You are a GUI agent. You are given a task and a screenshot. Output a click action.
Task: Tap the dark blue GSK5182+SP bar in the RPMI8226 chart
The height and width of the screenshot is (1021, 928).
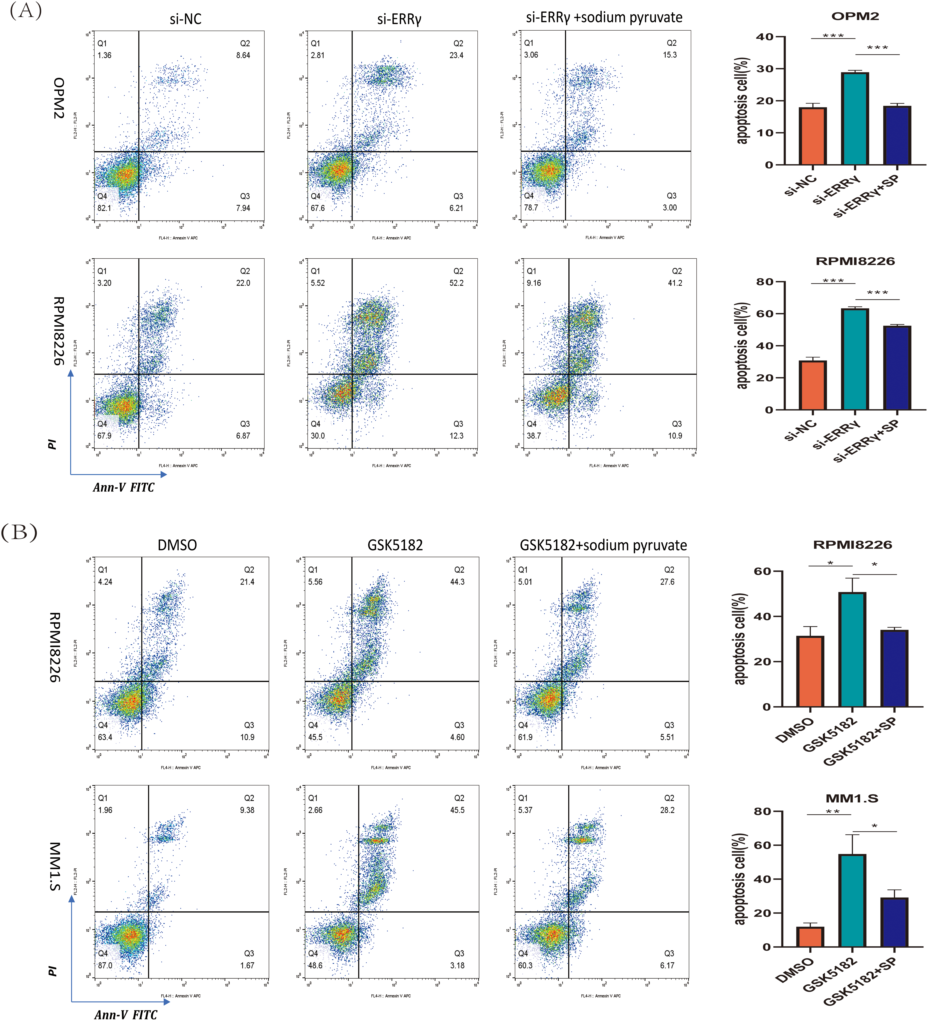click(894, 669)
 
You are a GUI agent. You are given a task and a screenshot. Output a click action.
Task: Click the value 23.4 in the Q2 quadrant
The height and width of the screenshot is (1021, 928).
click(456, 55)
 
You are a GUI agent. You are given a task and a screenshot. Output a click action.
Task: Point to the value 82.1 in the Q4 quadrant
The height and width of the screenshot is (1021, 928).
click(104, 208)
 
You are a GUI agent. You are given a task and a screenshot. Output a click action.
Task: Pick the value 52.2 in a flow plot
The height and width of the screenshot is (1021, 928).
click(456, 283)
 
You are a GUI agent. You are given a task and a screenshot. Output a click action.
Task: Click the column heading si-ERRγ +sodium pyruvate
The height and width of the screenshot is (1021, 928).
click(604, 18)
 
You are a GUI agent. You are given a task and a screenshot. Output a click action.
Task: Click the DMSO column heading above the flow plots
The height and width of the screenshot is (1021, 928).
click(177, 545)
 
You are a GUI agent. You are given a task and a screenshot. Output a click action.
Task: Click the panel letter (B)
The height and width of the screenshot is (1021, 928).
click(19, 533)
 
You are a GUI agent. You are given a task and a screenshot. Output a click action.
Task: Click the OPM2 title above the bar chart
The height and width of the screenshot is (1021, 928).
click(855, 16)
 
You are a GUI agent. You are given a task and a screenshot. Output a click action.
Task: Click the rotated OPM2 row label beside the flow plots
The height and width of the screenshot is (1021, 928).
click(59, 98)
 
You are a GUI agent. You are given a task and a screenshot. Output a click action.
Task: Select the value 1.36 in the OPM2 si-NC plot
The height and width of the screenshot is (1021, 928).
click(104, 55)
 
